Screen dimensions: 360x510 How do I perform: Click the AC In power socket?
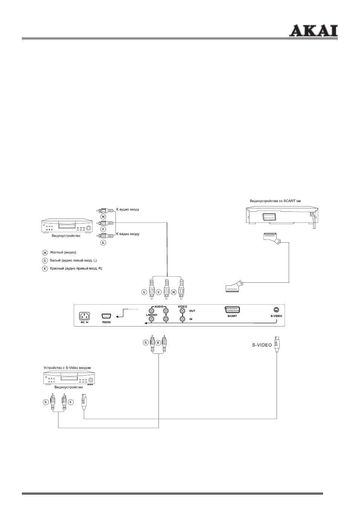tap(84, 316)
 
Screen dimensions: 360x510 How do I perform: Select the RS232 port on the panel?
tap(106, 316)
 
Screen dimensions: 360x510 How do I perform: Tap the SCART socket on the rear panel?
tap(232, 310)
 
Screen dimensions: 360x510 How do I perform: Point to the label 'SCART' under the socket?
tap(232, 316)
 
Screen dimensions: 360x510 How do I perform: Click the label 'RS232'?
tap(106, 322)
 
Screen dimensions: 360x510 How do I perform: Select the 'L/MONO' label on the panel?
tap(151, 315)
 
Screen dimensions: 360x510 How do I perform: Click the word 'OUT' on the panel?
tap(192, 311)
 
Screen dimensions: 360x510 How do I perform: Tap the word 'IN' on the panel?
tap(191, 319)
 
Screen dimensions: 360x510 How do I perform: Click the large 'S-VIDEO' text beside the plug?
tap(262, 345)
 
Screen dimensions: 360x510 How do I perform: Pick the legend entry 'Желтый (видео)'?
tap(63, 252)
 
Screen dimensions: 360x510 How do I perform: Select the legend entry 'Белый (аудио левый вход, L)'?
tap(73, 260)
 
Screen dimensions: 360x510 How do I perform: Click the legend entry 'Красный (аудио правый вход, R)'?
tap(76, 268)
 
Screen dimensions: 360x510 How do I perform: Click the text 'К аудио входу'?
tap(128, 209)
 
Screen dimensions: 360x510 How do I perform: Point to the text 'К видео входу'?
tap(128, 234)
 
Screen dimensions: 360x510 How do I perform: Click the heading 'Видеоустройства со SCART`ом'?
tap(275, 201)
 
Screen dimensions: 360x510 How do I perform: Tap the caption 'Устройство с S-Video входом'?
tap(67, 367)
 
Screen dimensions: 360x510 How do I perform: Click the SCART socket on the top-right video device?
tap(270, 217)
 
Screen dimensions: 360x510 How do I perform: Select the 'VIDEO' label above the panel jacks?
tap(182, 307)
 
